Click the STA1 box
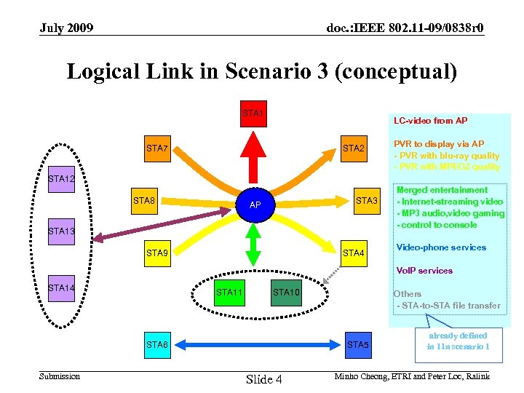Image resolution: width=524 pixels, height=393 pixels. pyautogui.click(x=253, y=114)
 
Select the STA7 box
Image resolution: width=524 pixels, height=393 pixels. pyautogui.click(x=157, y=148)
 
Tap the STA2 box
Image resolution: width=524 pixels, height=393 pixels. pyautogui.click(x=353, y=148)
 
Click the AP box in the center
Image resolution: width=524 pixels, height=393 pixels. pyautogui.click(x=255, y=205)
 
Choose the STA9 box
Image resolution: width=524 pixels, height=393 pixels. pyautogui.click(x=157, y=253)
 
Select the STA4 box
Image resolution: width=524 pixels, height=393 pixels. pyautogui.click(x=353, y=253)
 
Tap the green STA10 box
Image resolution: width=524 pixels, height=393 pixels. pyautogui.click(x=286, y=293)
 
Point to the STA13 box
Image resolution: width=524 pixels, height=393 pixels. pyautogui.click(x=61, y=231)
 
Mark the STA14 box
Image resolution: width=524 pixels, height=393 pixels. pyautogui.click(x=61, y=289)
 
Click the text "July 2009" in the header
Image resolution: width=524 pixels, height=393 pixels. pyautogui.click(x=66, y=28)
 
